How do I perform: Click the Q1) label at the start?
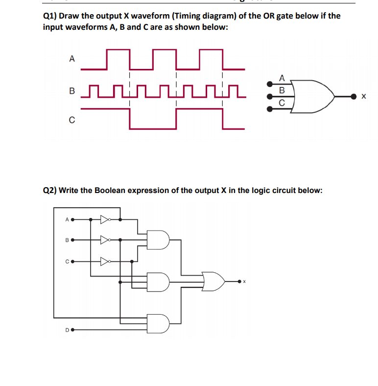click(50, 16)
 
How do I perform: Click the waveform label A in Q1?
click(72, 59)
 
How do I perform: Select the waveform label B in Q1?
click(72, 90)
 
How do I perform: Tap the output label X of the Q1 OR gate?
click(363, 97)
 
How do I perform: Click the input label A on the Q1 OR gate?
click(281, 78)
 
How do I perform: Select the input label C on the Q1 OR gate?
click(281, 103)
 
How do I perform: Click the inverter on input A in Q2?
click(105, 219)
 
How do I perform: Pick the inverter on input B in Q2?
click(105, 240)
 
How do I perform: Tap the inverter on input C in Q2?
click(105, 261)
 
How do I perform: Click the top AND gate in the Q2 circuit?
click(159, 239)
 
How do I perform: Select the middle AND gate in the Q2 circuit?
click(159, 281)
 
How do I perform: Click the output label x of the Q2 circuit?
click(244, 282)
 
